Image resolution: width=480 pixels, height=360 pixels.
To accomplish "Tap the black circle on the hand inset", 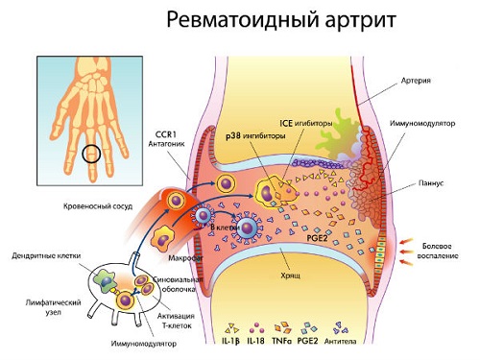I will [92, 153].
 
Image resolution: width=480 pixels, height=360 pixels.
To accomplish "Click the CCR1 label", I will [169, 134].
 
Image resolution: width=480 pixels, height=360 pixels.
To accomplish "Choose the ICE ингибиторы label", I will [297, 122].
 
